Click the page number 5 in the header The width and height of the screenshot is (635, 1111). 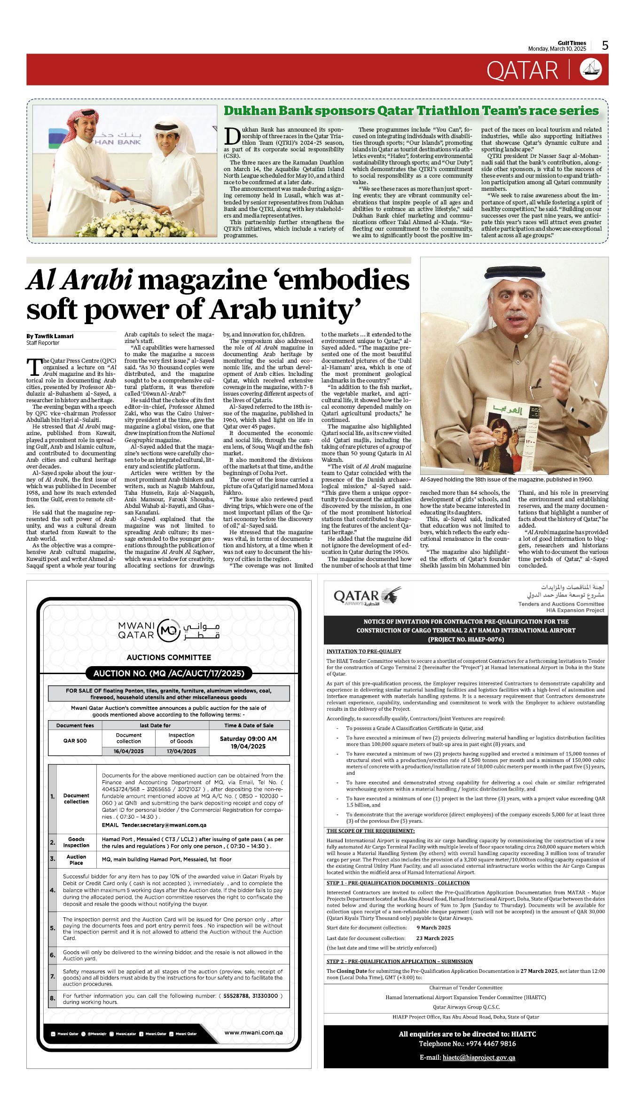click(605, 46)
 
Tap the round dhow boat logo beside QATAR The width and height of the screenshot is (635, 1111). click(590, 70)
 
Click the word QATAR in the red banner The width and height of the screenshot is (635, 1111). click(522, 70)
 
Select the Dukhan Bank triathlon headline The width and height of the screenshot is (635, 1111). click(411, 111)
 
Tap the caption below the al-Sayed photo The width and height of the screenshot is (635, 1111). click(506, 480)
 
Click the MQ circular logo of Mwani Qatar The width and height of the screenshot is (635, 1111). click(169, 630)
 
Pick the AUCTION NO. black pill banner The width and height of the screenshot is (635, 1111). click(169, 673)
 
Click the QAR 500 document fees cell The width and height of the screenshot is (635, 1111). click(75, 741)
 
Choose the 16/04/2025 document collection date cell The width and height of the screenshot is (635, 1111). click(128, 751)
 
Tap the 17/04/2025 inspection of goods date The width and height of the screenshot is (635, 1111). click(181, 751)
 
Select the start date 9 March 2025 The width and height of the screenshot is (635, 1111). click(433, 927)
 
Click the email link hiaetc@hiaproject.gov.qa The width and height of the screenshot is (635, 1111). click(478, 1057)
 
